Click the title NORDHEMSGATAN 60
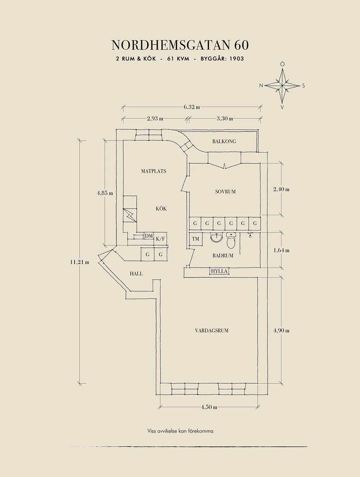(180, 45)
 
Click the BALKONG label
(224, 141)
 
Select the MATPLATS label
(154, 171)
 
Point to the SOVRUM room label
(225, 192)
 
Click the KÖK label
(161, 209)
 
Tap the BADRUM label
(223, 256)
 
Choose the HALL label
(136, 274)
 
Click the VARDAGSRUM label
(212, 331)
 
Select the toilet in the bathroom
(231, 241)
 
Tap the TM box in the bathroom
(195, 239)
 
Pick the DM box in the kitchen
(149, 236)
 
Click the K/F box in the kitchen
(161, 239)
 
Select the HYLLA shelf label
(219, 271)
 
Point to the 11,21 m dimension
(80, 262)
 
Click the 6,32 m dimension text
(192, 107)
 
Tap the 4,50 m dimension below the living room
(209, 407)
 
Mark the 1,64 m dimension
(281, 250)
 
